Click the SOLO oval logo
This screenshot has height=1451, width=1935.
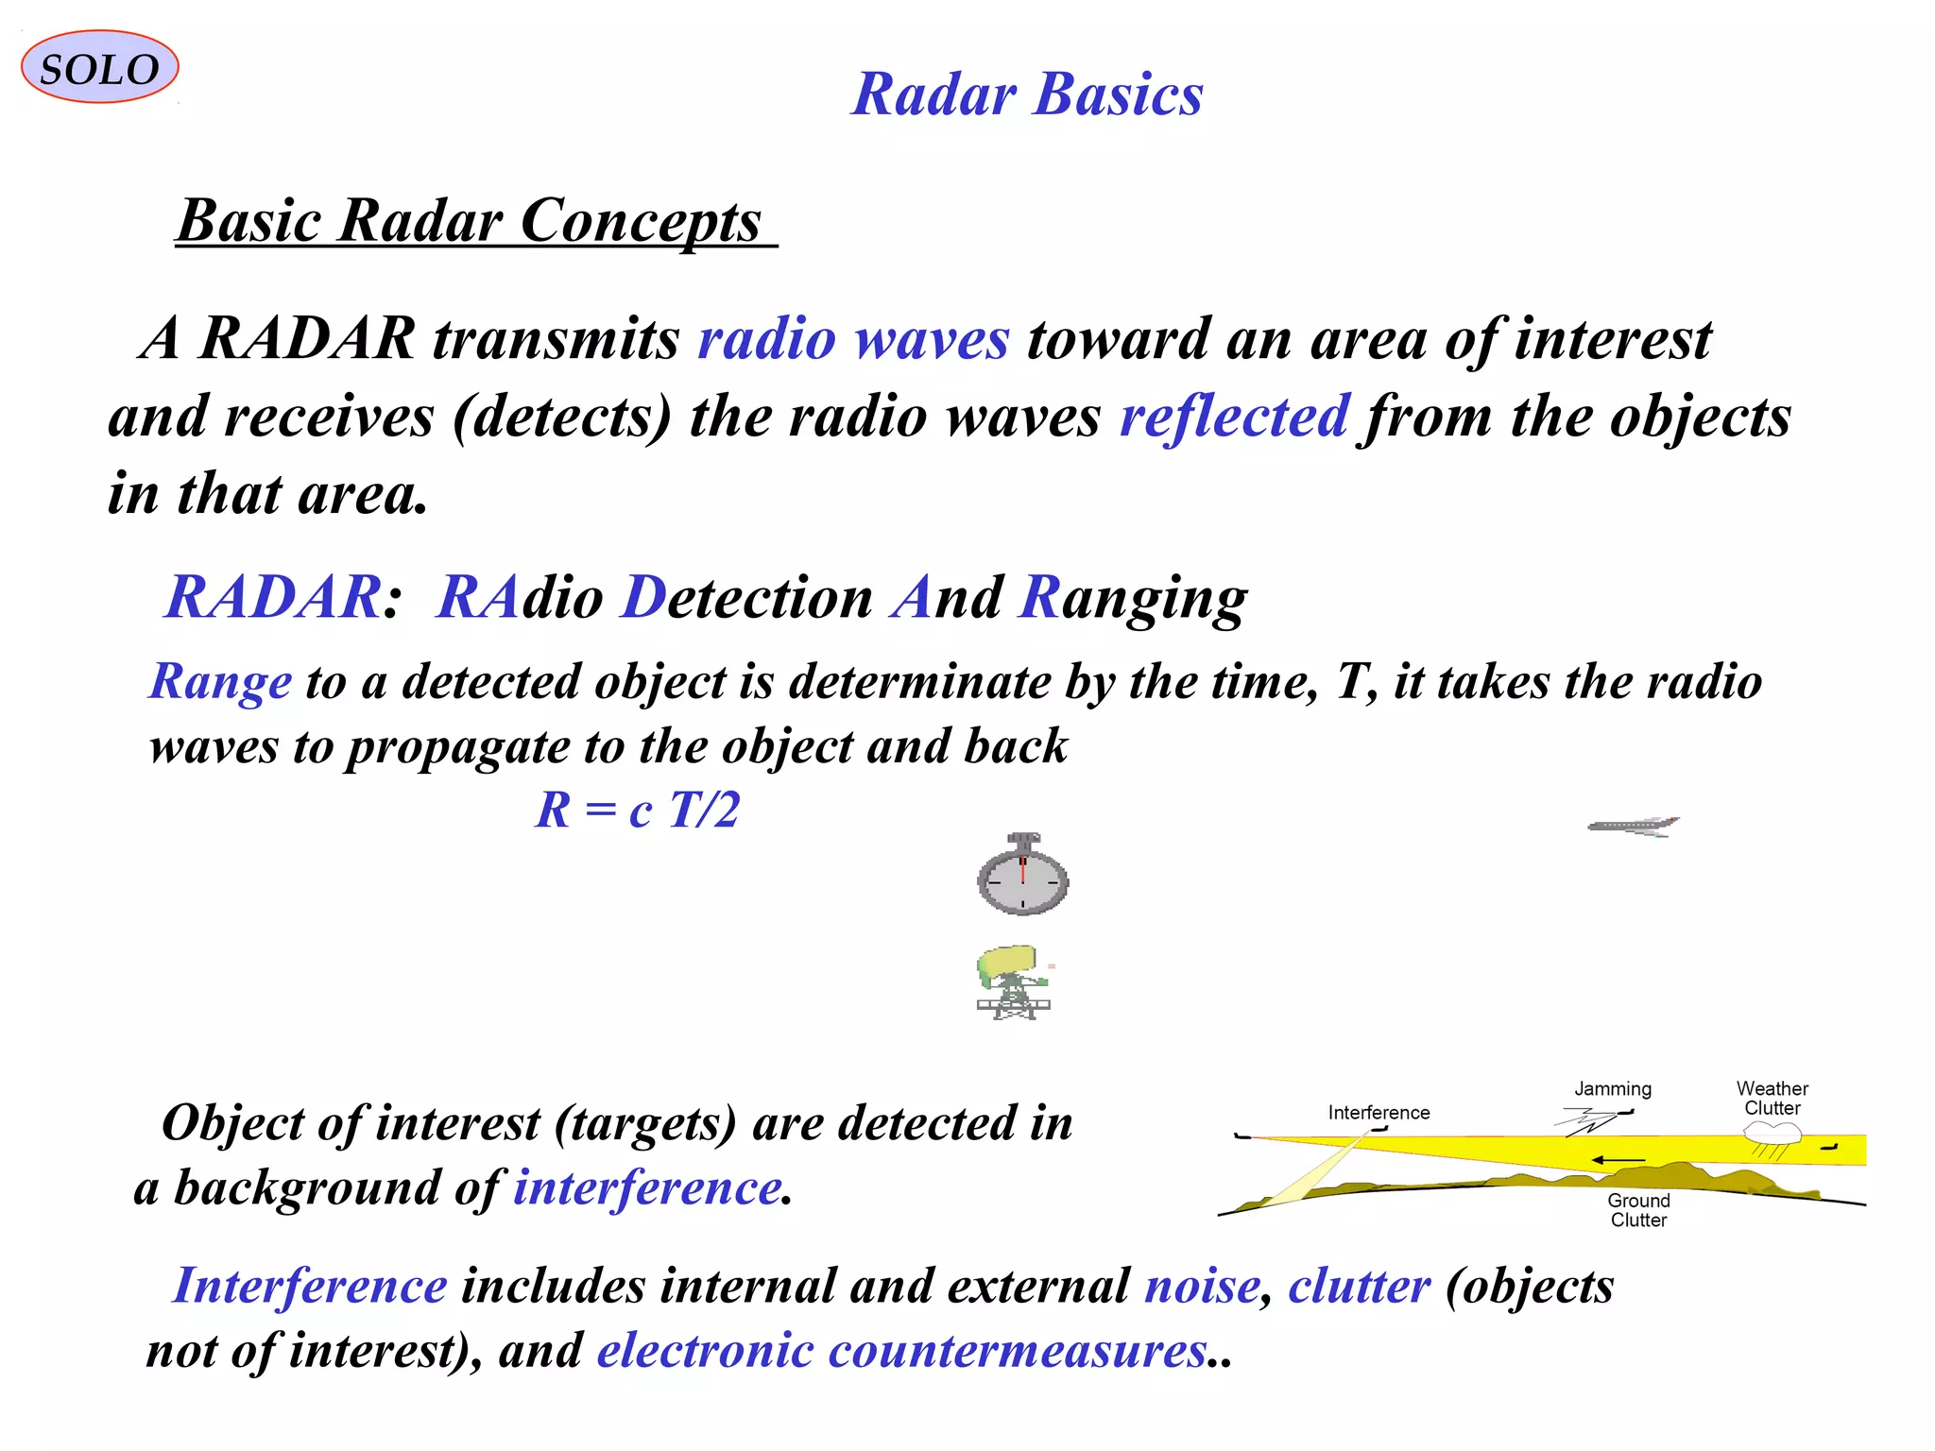pyautogui.click(x=99, y=67)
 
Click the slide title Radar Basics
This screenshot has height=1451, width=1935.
pyautogui.click(x=1027, y=94)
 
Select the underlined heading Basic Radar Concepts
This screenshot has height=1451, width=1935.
pyautogui.click(x=470, y=221)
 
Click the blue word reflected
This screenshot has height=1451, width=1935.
pyautogui.click(x=1234, y=417)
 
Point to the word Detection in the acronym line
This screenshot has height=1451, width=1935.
pyautogui.click(x=748, y=597)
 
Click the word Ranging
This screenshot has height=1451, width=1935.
pyautogui.click(x=1134, y=599)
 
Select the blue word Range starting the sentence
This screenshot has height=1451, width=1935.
pyautogui.click(x=221, y=681)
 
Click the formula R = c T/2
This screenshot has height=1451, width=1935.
pyautogui.click(x=637, y=810)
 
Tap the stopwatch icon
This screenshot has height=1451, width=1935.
pyautogui.click(x=1022, y=876)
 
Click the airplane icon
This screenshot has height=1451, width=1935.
pyautogui.click(x=1634, y=827)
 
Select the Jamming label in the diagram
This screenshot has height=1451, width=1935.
pyautogui.click(x=1612, y=1088)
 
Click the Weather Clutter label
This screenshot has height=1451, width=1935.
pyautogui.click(x=1772, y=1098)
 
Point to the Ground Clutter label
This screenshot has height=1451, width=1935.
pyautogui.click(x=1638, y=1210)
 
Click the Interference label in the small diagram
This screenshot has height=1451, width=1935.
pyautogui.click(x=1378, y=1113)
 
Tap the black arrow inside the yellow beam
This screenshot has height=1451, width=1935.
pyautogui.click(x=1618, y=1159)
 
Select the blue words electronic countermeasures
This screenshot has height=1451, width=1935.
pyautogui.click(x=901, y=1350)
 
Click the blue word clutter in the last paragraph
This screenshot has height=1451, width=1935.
pyautogui.click(x=1359, y=1287)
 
